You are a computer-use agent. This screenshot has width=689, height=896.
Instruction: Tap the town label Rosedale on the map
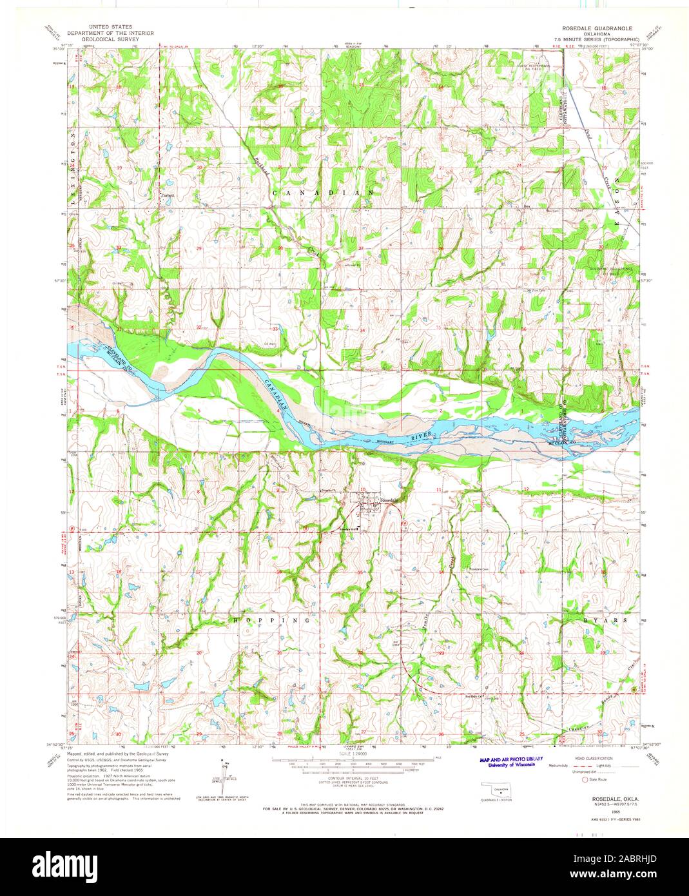click(389, 500)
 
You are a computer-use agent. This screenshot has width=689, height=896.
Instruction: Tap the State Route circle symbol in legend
click(585, 779)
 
